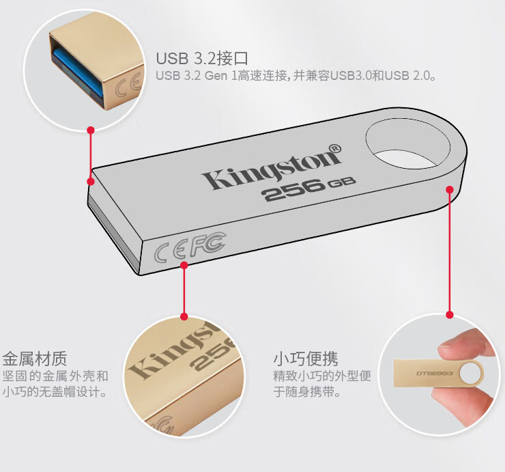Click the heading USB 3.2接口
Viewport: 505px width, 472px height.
point(201,57)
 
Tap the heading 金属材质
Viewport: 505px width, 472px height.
point(35,358)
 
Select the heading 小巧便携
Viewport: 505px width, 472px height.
point(306,358)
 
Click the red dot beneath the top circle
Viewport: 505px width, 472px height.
point(91,130)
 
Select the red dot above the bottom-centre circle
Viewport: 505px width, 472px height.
point(184,316)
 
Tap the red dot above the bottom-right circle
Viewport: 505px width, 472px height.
point(449,315)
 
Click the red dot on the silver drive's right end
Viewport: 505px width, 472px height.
point(449,189)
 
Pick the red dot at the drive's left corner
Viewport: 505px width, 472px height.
point(91,181)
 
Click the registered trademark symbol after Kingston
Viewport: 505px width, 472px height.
point(335,148)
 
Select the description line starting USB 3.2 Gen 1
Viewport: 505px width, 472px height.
point(295,76)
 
